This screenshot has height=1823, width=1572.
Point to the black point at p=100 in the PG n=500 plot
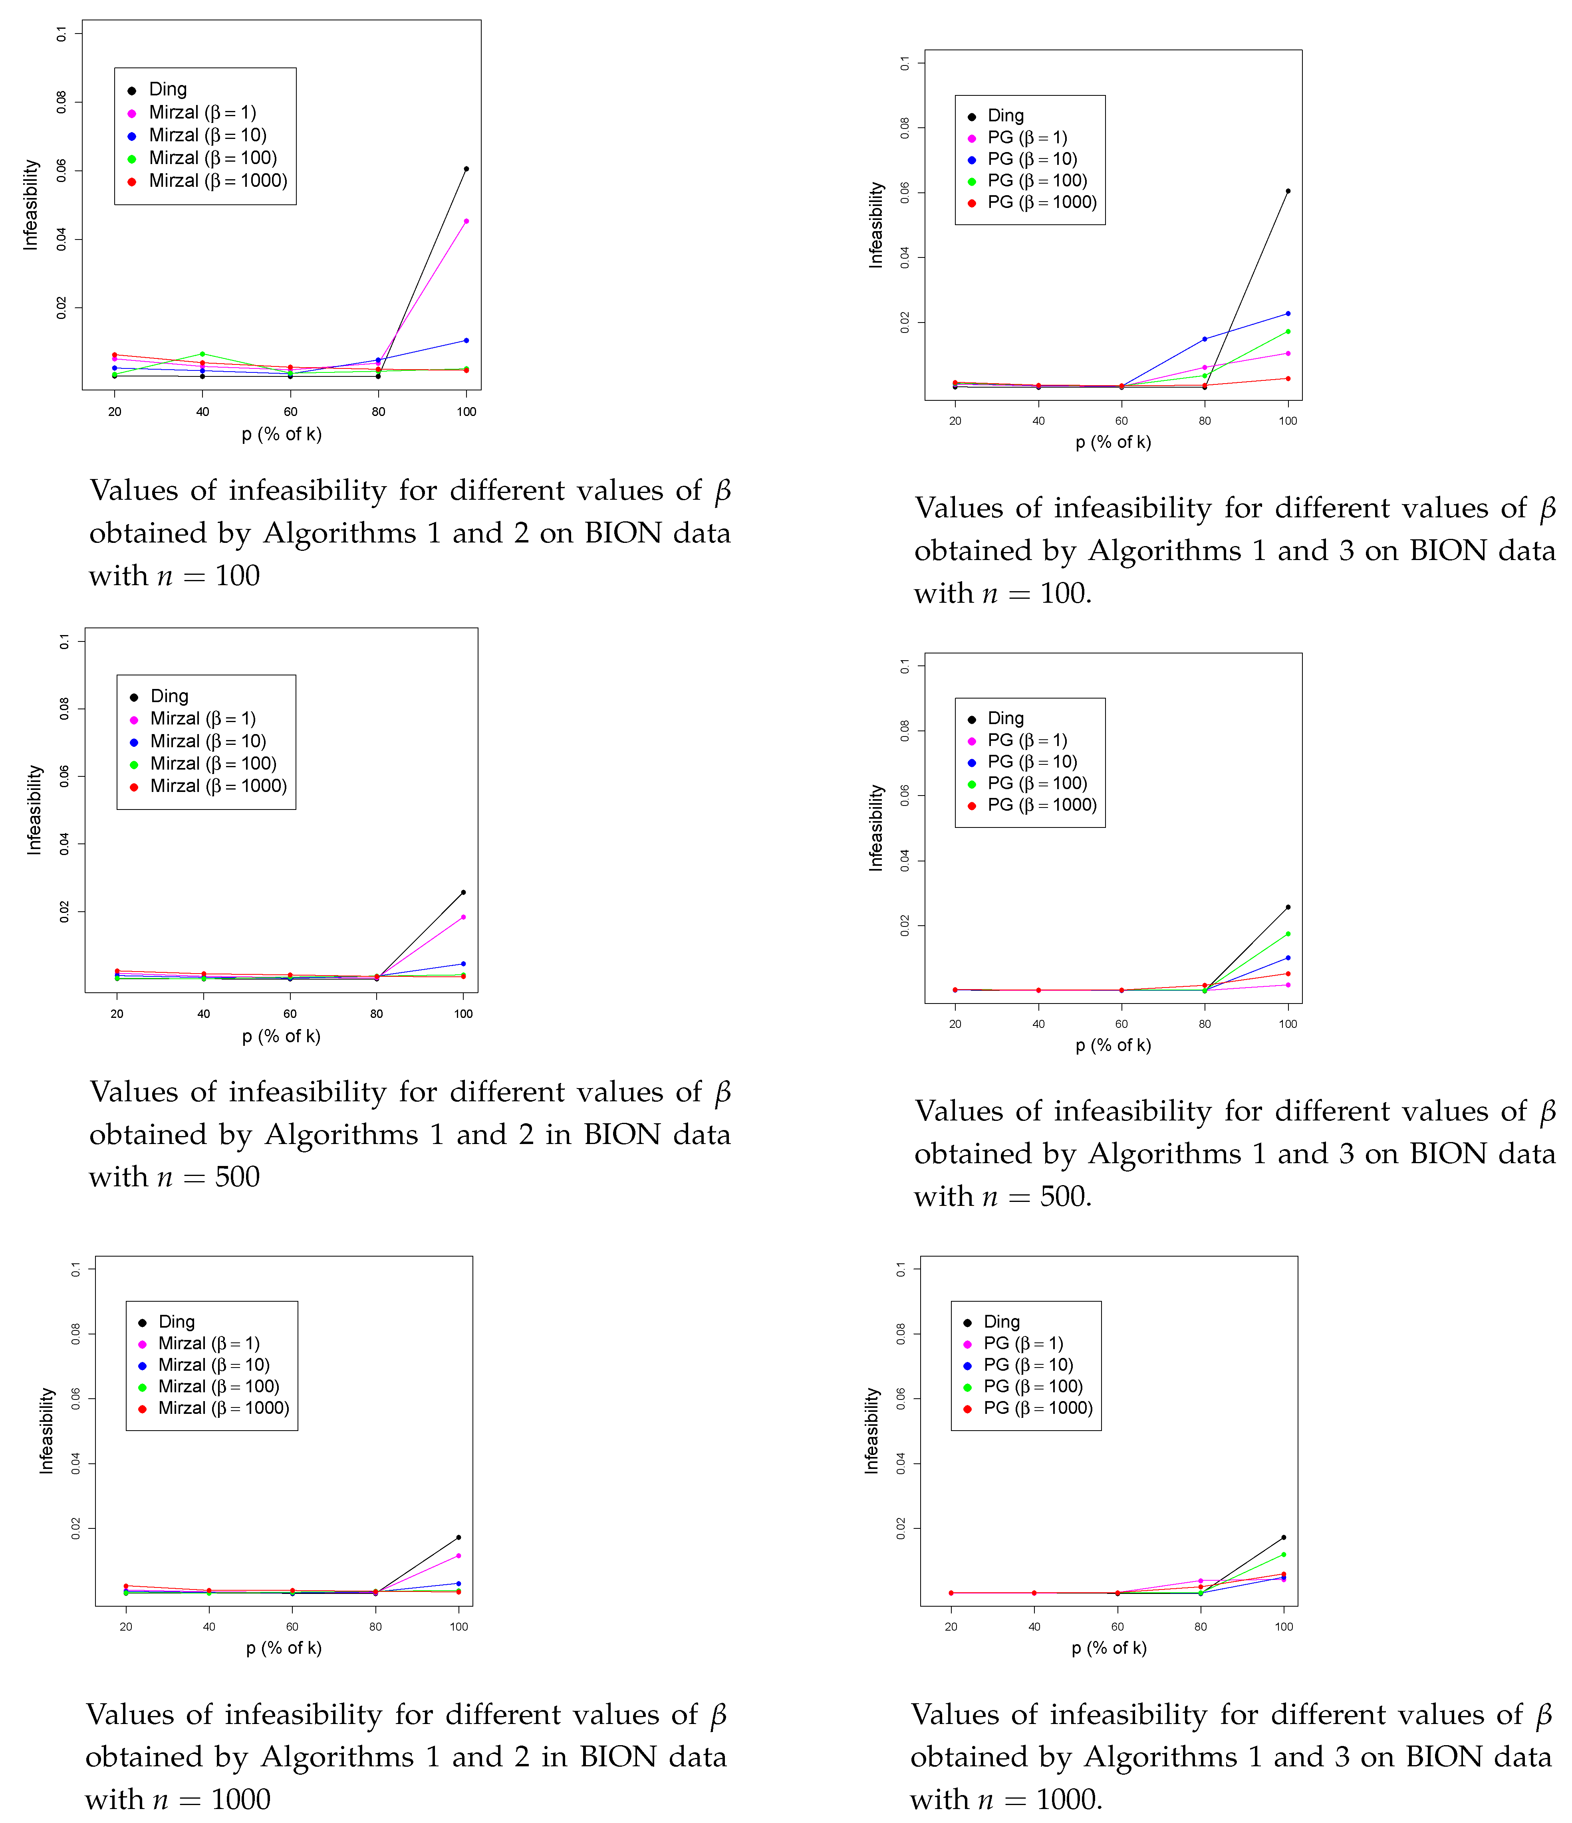coord(1288,907)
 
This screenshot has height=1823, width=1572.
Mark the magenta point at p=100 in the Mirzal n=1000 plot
coord(458,1556)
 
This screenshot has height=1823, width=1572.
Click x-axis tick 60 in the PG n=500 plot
coord(1121,1024)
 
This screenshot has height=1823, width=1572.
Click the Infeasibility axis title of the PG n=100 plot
coord(876,225)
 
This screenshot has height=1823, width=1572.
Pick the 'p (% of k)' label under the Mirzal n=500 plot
coord(282,1036)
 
